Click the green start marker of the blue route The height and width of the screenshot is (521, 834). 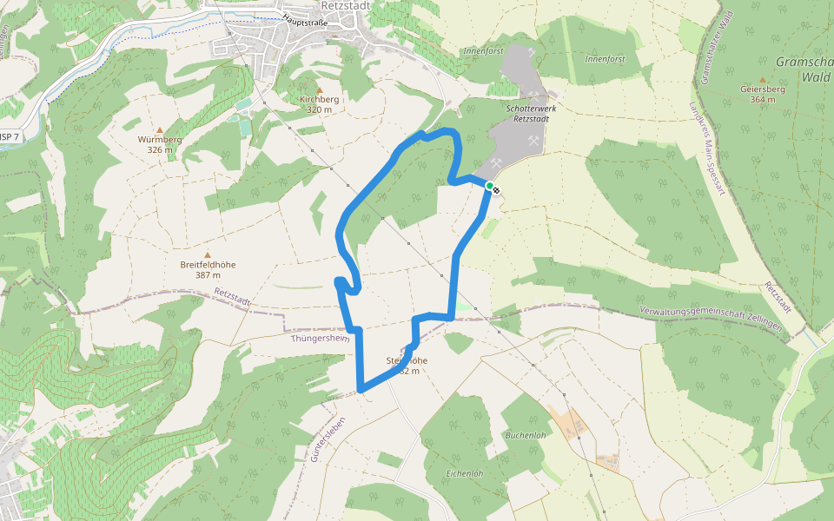[490, 186]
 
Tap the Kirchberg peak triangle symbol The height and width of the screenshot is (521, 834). [319, 89]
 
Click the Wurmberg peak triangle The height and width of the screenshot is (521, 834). [160, 129]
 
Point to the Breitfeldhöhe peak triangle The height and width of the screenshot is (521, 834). [208, 254]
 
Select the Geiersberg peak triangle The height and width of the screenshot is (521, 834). [763, 80]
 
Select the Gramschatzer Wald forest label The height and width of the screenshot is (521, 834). [804, 69]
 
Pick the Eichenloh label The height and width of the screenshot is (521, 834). [463, 473]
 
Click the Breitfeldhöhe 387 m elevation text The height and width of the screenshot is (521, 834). [208, 275]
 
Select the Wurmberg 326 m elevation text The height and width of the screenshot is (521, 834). [160, 149]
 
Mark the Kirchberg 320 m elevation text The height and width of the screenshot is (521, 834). [319, 110]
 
